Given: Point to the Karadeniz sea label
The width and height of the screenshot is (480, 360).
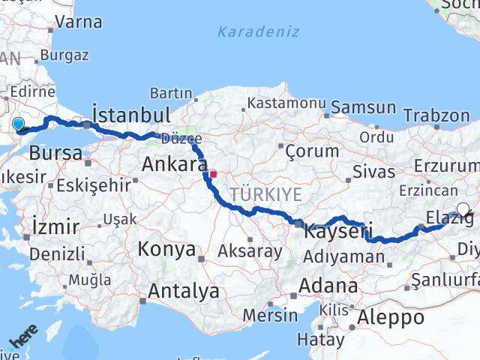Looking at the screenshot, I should click(x=258, y=31).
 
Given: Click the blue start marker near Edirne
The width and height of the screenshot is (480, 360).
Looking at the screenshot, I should click(x=18, y=124).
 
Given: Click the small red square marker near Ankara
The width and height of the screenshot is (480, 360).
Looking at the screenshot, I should click(x=213, y=174).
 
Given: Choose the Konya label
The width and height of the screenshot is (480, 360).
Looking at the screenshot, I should click(x=167, y=249).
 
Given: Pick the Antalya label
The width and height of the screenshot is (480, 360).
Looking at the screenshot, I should click(x=184, y=290).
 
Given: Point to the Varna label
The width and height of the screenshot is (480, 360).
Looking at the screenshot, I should click(x=77, y=22).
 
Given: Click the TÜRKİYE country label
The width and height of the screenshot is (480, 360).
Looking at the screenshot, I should click(x=265, y=195).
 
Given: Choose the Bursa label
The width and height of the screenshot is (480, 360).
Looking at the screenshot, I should click(x=55, y=153).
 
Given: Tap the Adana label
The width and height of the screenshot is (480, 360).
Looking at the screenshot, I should click(x=328, y=286).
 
